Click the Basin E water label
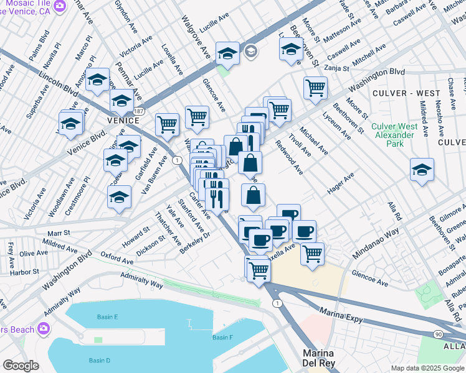(x=107, y=317)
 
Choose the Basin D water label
(x=99, y=361)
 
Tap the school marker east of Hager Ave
(x=422, y=170)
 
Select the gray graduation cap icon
(x=251, y=52)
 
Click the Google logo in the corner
(x=21, y=365)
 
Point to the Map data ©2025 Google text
(x=427, y=368)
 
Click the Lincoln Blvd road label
(x=59, y=83)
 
